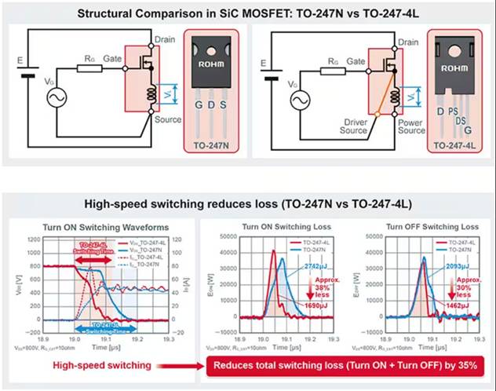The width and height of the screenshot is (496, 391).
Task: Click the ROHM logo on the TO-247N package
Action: point(212,66)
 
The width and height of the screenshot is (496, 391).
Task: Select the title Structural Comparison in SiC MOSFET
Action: point(247,12)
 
